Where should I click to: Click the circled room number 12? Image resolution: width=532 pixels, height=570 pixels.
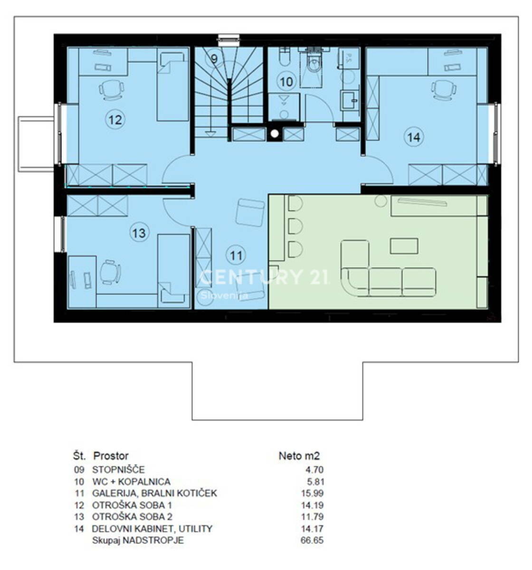[115, 119]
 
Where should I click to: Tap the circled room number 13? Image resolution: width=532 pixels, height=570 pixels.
[139, 233]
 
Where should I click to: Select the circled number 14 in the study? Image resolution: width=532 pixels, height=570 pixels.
[414, 137]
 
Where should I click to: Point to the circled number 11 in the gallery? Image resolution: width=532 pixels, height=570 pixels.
[236, 255]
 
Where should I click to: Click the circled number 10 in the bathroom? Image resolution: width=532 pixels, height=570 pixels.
[286, 82]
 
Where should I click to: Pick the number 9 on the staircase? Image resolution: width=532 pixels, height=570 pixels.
[214, 59]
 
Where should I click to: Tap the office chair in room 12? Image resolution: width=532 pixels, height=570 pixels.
[112, 89]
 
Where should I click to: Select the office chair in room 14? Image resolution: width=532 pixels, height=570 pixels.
[444, 89]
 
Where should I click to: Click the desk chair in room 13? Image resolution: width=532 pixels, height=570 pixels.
[110, 272]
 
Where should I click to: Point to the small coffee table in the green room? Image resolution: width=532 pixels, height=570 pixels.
[404, 246]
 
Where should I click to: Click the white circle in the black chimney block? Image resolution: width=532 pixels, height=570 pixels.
[275, 133]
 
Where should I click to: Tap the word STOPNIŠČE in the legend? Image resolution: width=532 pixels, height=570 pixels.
[118, 469]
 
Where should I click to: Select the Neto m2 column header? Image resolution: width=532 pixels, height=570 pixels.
[299, 456]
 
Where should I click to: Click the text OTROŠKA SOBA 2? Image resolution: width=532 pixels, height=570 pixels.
[132, 517]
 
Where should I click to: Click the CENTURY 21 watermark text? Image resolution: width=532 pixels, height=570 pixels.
[264, 277]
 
